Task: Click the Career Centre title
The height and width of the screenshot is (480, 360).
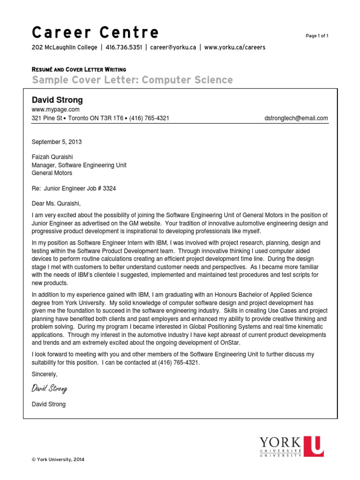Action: click(x=95, y=33)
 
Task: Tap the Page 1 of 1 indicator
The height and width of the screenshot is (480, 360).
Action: click(x=317, y=36)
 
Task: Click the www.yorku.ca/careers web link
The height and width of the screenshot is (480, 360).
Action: click(x=235, y=47)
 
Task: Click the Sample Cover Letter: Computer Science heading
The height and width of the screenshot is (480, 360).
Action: click(x=132, y=80)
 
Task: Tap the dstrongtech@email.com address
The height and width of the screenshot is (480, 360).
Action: click(x=296, y=119)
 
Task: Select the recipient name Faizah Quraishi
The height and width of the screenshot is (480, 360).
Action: click(x=52, y=157)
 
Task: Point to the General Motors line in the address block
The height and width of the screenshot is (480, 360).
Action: click(x=52, y=173)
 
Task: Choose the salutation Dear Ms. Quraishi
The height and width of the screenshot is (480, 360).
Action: click(x=56, y=203)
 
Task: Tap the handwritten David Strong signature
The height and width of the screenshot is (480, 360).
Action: click(x=50, y=388)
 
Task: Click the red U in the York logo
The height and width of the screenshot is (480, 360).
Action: click(x=313, y=446)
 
